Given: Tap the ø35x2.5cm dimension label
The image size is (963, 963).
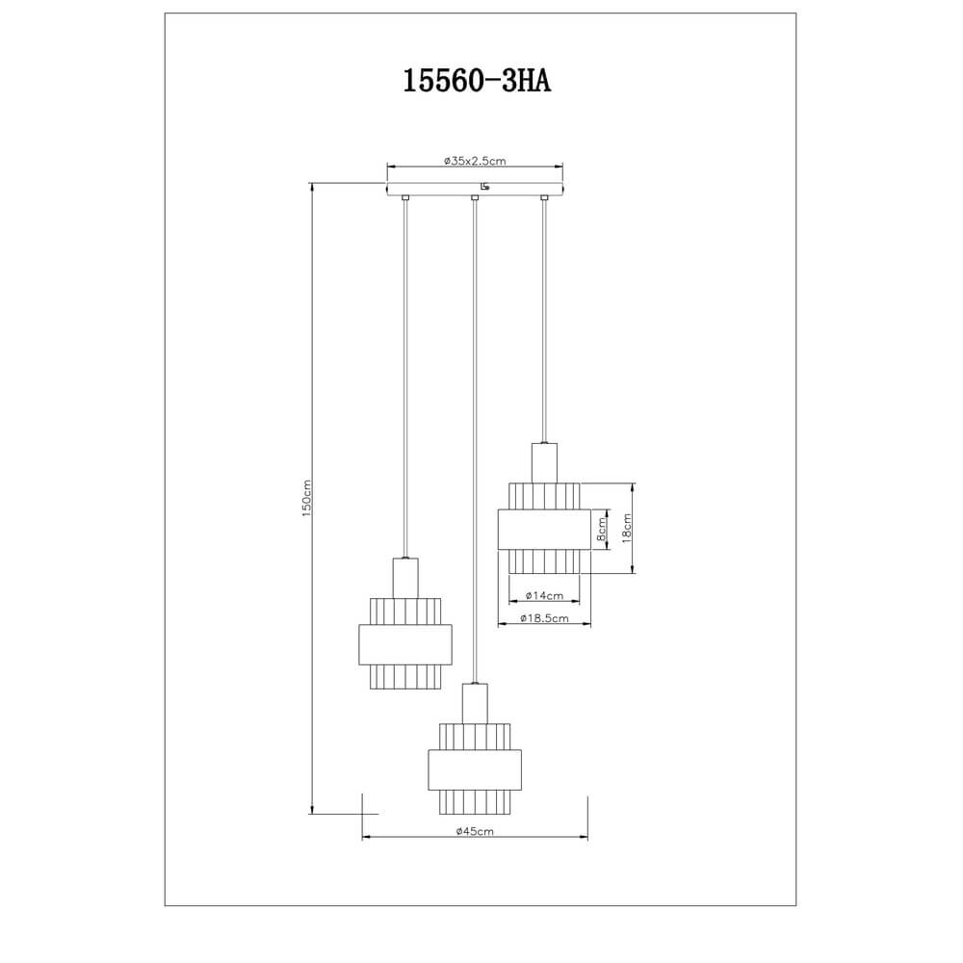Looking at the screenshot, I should click(x=475, y=162).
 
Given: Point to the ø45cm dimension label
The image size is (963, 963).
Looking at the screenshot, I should click(x=475, y=830).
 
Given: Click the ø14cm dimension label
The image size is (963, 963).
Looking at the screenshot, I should click(x=543, y=596).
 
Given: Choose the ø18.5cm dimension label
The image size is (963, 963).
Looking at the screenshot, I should click(x=543, y=618).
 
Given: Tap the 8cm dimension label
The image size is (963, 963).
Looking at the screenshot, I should click(x=602, y=530).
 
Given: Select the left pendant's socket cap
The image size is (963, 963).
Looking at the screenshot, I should click(x=405, y=577).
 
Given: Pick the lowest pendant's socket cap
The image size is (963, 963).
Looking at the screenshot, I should click(x=476, y=702).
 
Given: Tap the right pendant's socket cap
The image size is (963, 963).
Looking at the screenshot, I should click(x=544, y=460).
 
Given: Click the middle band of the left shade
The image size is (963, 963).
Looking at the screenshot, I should click(x=404, y=644).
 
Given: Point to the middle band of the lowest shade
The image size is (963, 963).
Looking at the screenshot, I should click(x=476, y=768).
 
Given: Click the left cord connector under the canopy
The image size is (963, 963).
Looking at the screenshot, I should click(x=405, y=198).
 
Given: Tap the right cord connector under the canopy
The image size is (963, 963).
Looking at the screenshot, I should click(x=544, y=198).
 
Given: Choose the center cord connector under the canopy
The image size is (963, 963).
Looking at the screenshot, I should click(x=475, y=198).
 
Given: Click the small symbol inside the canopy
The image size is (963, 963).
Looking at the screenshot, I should click(x=484, y=187).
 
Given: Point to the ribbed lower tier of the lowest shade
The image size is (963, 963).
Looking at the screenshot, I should click(x=476, y=800).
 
